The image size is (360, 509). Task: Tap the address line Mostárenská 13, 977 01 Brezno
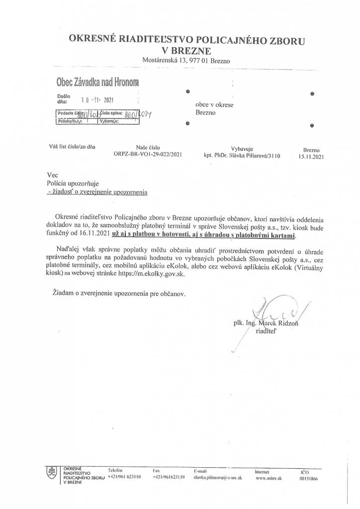click(185, 61)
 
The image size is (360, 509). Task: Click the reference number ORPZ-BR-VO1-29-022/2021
click(148, 155)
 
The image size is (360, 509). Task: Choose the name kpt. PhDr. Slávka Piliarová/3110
click(242, 156)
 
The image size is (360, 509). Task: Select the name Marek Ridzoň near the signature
click(283, 323)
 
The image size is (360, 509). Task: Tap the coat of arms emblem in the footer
click(51, 473)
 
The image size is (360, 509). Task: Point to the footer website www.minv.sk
click(269, 477)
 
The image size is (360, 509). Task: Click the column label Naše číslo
click(148, 148)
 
